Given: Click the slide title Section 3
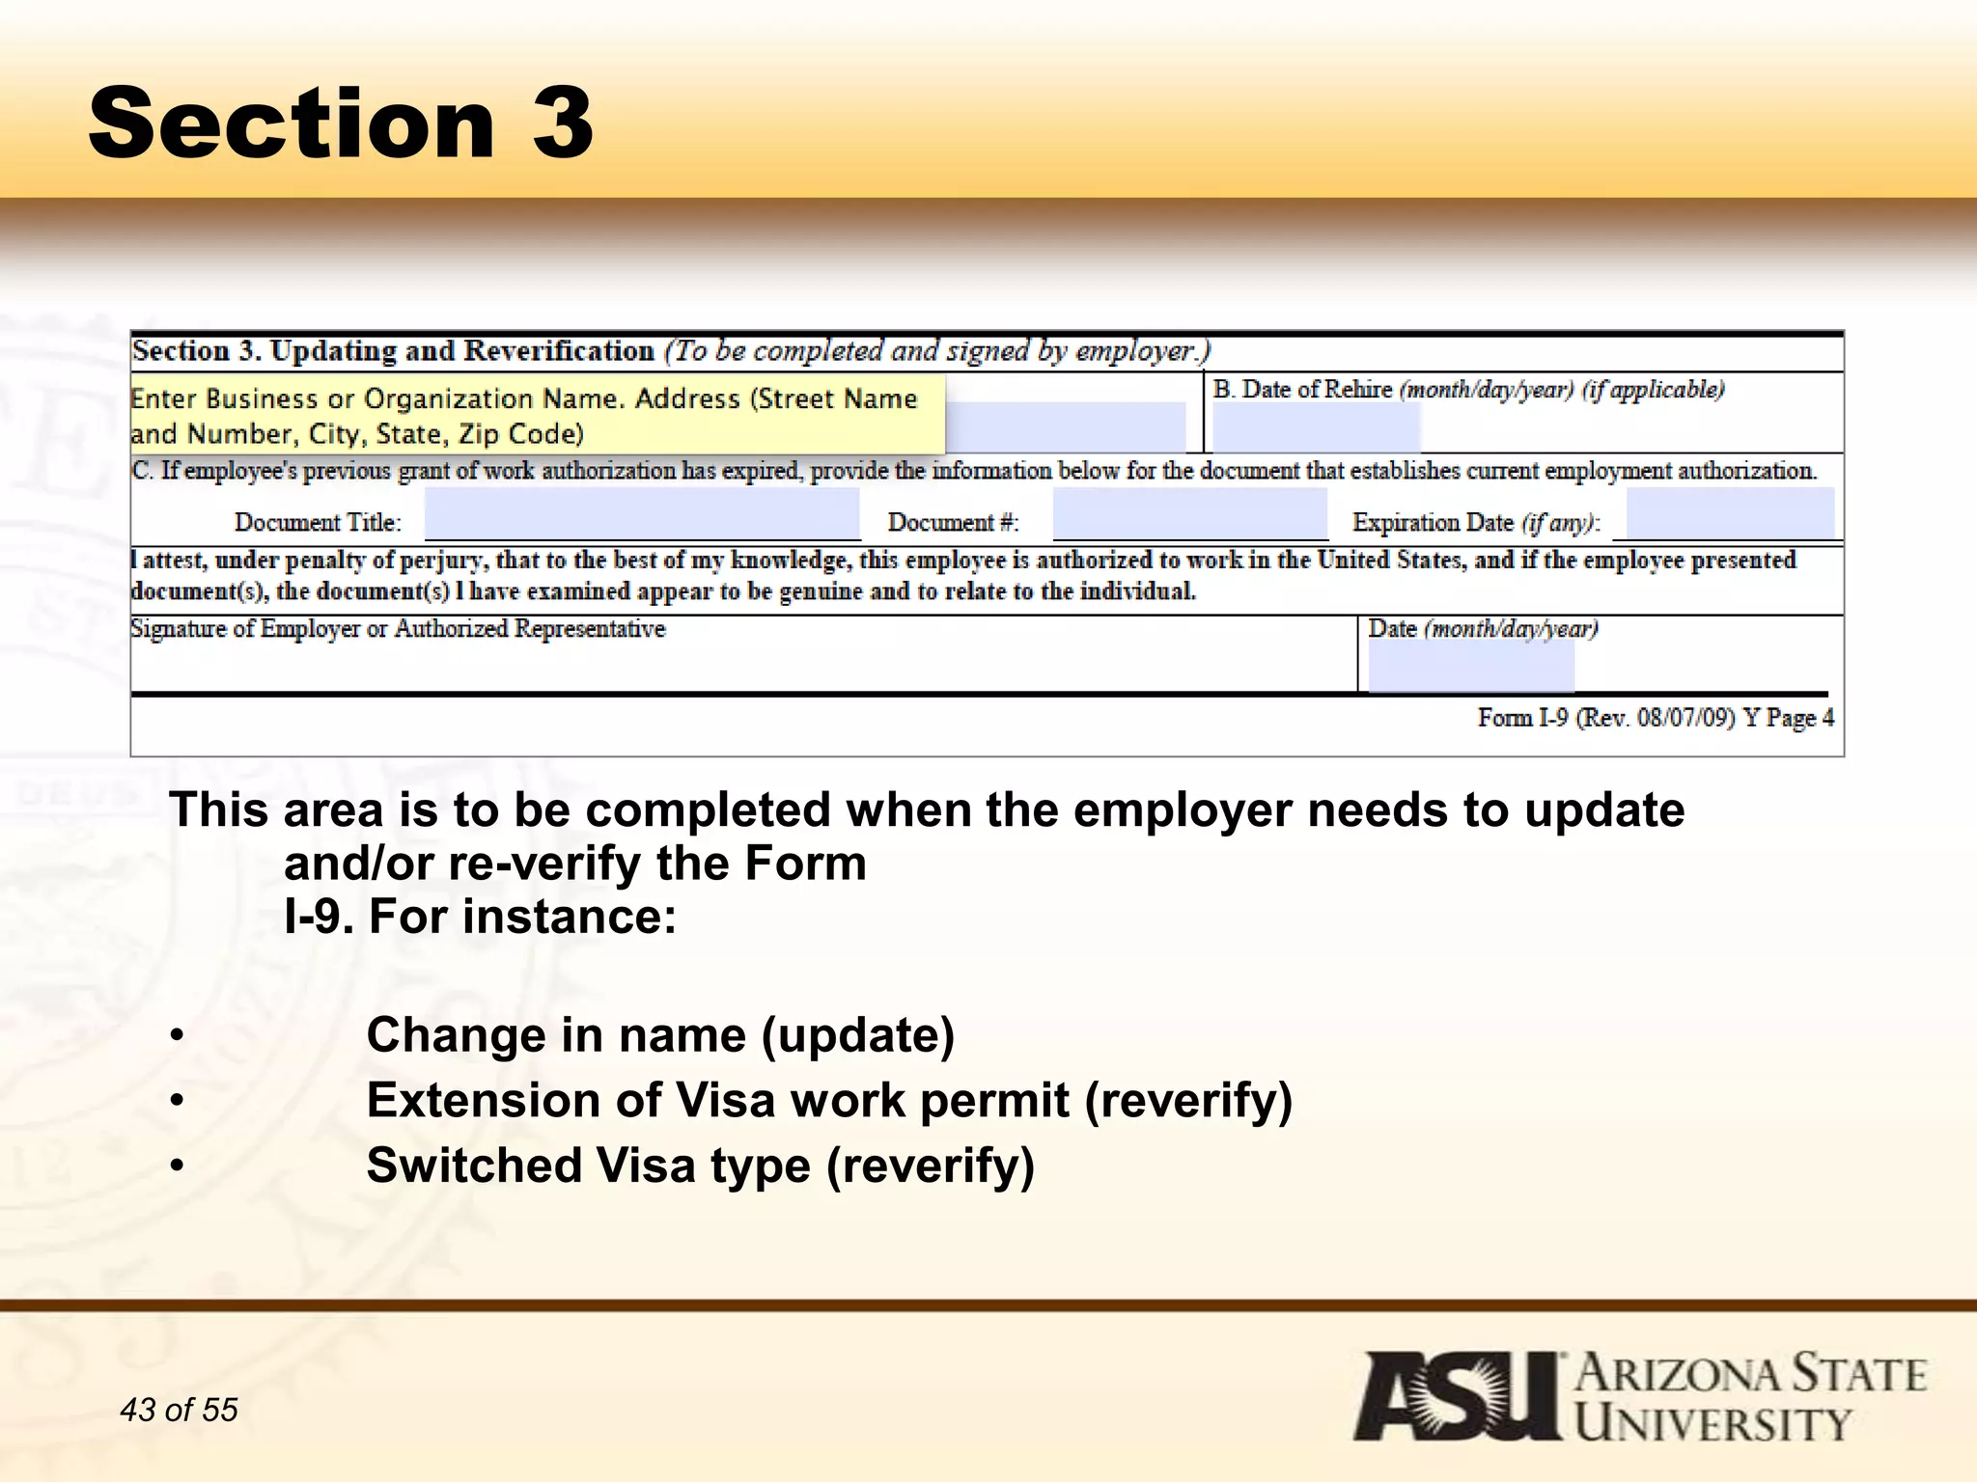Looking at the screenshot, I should (340, 123).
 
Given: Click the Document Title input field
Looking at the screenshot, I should (642, 514).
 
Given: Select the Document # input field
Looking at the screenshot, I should (1189, 514).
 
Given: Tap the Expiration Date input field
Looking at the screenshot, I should (1730, 514).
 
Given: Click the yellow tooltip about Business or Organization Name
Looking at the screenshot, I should (537, 416).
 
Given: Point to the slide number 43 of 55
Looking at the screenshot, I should (179, 1410).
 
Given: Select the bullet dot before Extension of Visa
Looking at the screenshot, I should (177, 1102).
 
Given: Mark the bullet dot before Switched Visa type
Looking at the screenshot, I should (177, 1166).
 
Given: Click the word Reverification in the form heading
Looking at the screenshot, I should (559, 351).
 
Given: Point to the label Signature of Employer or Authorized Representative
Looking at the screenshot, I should (398, 629).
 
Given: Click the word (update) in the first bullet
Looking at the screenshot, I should (858, 1036).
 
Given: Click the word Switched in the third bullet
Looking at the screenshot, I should (473, 1166).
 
